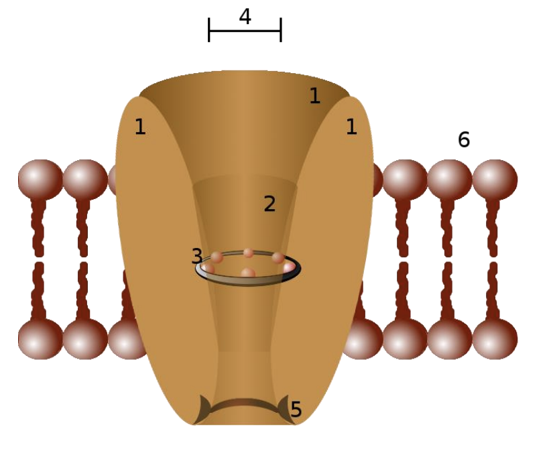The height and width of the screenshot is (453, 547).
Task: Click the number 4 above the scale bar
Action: (245, 16)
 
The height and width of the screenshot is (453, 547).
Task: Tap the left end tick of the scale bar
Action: (209, 30)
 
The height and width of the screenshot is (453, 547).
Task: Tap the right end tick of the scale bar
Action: (281, 30)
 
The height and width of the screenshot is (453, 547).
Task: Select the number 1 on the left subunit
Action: (139, 127)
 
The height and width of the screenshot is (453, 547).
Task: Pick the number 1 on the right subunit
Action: (351, 127)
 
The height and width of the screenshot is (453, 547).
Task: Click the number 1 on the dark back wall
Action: (314, 96)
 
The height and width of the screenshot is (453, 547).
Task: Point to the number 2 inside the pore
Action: (269, 204)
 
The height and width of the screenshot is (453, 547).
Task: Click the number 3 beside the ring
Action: (196, 257)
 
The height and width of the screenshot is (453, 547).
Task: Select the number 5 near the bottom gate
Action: (296, 409)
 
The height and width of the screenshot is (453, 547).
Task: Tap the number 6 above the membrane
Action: (464, 140)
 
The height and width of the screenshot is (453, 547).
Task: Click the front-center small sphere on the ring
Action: (248, 273)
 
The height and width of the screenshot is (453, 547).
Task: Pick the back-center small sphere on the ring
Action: (248, 253)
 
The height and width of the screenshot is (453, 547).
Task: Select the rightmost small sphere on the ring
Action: (288, 267)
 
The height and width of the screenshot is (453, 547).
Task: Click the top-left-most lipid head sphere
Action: (40, 180)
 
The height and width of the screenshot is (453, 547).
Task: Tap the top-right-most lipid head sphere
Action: (495, 180)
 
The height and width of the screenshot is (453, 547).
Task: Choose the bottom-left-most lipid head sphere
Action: (40, 338)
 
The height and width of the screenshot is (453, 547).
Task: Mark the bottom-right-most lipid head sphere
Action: (495, 338)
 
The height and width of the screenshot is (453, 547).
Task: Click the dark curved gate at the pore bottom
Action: (245, 402)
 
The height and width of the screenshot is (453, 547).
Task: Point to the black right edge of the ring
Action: (297, 269)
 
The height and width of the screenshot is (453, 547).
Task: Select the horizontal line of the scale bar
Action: (245, 31)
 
